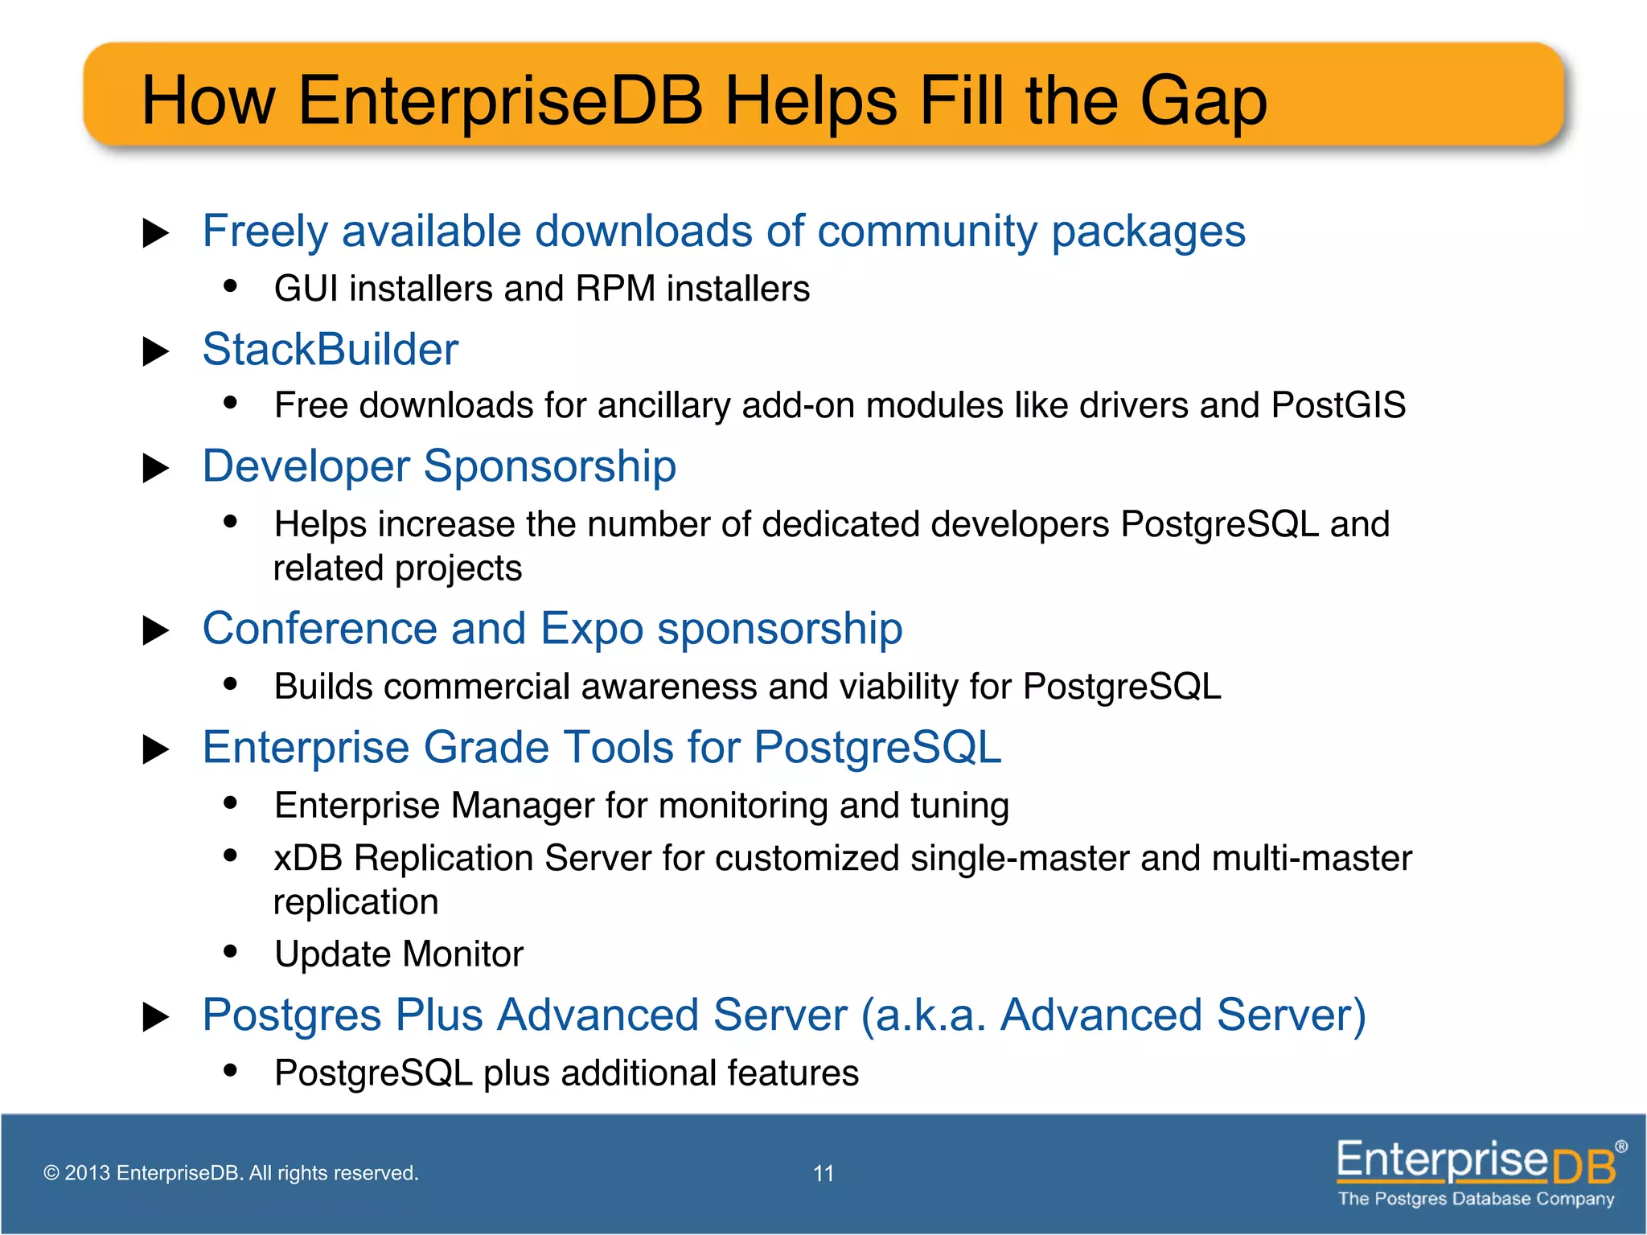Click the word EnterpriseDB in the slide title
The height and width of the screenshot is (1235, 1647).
500,102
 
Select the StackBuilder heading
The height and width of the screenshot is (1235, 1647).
330,350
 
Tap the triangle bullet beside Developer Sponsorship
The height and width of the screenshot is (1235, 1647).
155,468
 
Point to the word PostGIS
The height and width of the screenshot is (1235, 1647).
1338,405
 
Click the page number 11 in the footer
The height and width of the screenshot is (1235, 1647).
823,1174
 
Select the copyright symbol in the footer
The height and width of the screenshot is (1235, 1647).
51,1173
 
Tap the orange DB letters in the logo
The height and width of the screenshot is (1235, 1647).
1583,1167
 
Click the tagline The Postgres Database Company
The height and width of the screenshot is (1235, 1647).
1476,1199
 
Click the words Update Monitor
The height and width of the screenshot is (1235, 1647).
399,954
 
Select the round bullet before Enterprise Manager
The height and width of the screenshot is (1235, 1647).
231,802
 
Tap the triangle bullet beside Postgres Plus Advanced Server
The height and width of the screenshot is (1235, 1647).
155,1017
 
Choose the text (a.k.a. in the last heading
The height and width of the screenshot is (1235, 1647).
923,1015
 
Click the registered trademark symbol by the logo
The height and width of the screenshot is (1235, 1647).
1621,1147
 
